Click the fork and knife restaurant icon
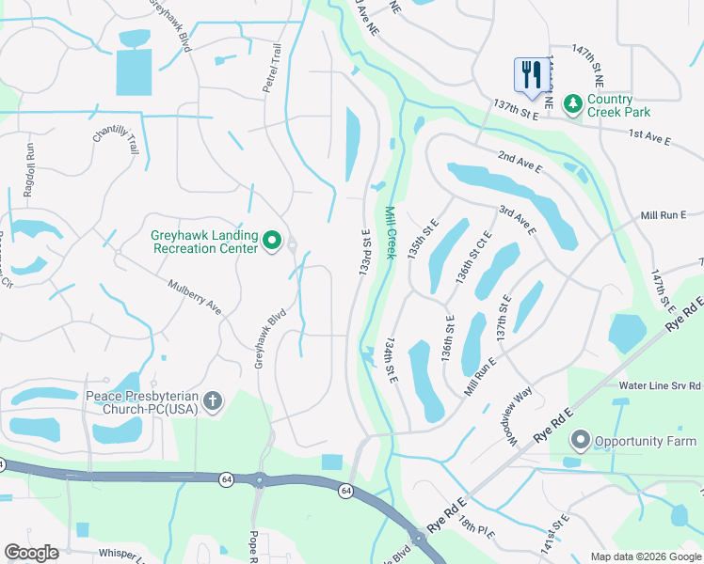(x=530, y=74)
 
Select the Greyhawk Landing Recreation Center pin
(x=272, y=242)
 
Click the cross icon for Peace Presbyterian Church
(x=213, y=402)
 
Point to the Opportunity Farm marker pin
(x=581, y=440)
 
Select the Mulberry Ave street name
(x=194, y=296)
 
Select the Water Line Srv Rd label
(x=661, y=385)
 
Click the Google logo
(x=31, y=552)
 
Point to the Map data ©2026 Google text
(x=645, y=556)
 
